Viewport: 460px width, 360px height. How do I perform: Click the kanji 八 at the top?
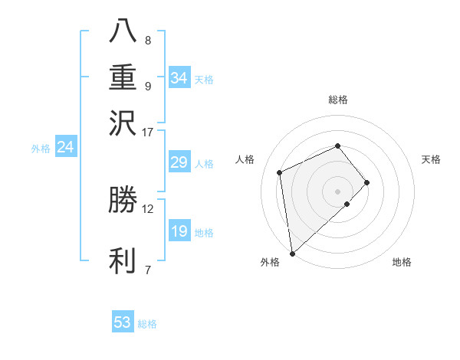click(x=123, y=30)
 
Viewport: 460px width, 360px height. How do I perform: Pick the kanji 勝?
click(x=123, y=200)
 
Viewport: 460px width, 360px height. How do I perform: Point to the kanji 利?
click(x=123, y=260)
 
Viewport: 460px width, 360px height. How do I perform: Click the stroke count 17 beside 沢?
click(x=148, y=132)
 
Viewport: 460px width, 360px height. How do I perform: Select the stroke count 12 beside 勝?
click(x=148, y=208)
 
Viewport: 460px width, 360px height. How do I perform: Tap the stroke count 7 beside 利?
click(x=148, y=269)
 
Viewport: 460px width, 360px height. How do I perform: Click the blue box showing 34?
click(x=179, y=78)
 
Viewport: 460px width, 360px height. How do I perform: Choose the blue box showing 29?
click(x=179, y=162)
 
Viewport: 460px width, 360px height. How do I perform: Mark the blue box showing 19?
click(x=179, y=231)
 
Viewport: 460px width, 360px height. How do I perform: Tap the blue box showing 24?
click(x=65, y=147)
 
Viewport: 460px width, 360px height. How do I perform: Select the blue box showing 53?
click(x=122, y=322)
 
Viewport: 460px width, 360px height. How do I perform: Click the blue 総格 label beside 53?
click(x=147, y=324)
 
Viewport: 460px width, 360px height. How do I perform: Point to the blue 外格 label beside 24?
click(x=41, y=149)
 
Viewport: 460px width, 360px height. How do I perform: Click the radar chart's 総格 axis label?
click(x=338, y=100)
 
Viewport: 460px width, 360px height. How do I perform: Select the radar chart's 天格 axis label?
click(x=432, y=159)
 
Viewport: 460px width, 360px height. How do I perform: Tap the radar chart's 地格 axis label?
click(x=402, y=263)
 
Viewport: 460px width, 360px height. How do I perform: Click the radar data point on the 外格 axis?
click(x=292, y=253)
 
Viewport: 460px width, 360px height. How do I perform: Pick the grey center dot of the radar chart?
click(x=338, y=191)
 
